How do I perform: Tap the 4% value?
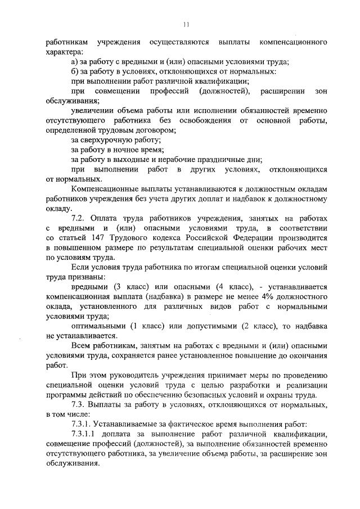263,295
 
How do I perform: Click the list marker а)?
76,61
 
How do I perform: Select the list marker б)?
76,71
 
